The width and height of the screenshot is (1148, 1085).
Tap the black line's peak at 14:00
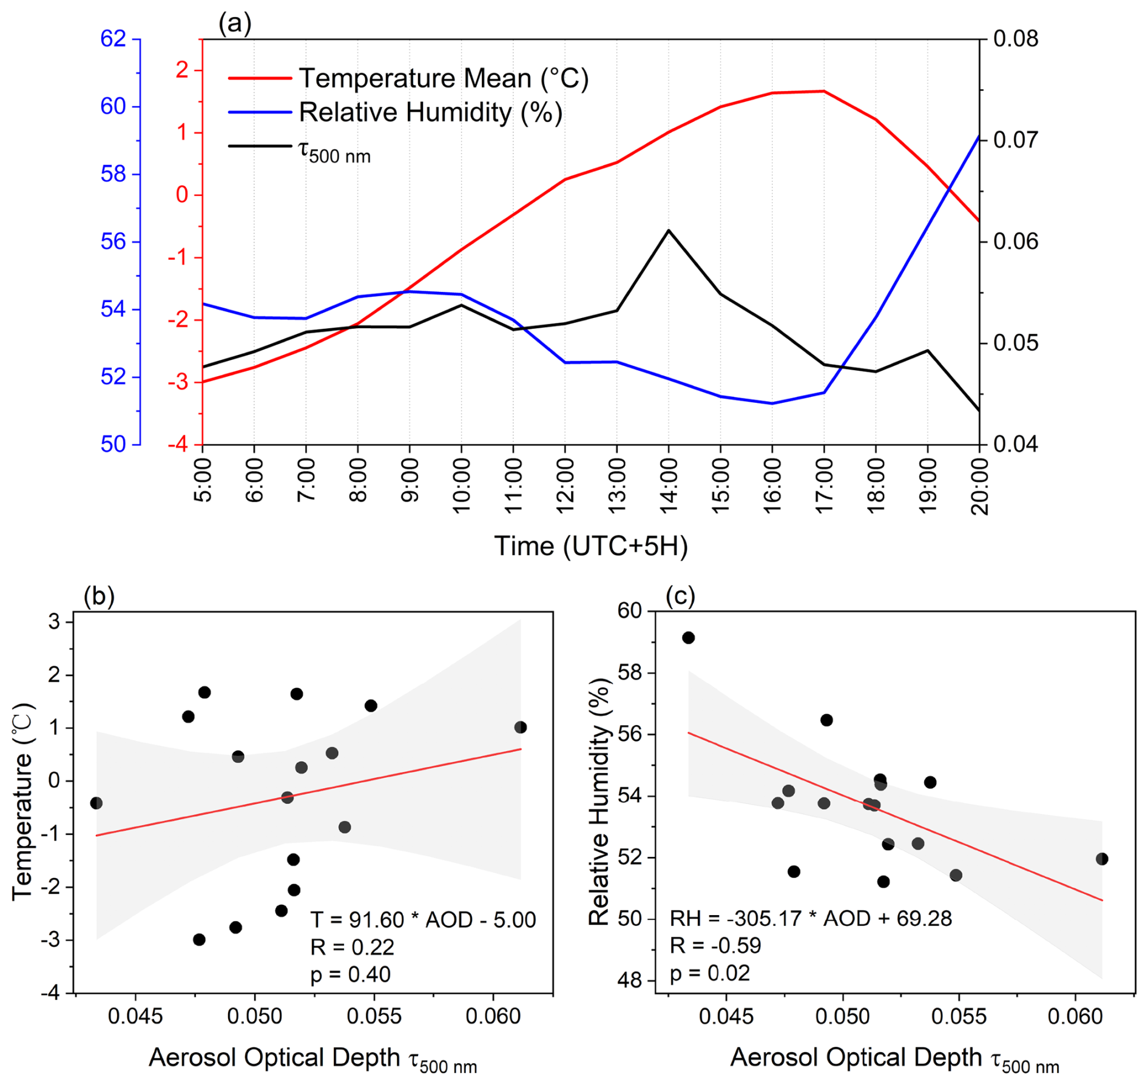pyautogui.click(x=668, y=231)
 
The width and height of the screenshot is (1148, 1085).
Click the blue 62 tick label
pyautogui.click(x=113, y=39)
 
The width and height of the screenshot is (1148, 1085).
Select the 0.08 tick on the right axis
pyautogui.click(x=1016, y=39)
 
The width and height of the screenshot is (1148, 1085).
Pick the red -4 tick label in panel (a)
pyautogui.click(x=178, y=445)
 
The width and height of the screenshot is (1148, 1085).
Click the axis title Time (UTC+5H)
pyautogui.click(x=590, y=546)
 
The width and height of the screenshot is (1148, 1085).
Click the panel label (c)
pyautogui.click(x=680, y=596)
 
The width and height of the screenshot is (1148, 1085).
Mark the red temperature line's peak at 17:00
pyautogui.click(x=823, y=91)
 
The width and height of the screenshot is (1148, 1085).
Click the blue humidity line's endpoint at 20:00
pyautogui.click(x=979, y=136)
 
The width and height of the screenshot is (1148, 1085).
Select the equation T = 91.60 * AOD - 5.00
pyautogui.click(x=423, y=920)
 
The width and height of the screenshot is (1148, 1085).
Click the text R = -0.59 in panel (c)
pyautogui.click(x=715, y=945)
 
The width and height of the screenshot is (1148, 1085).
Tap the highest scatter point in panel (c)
pyautogui.click(x=688, y=637)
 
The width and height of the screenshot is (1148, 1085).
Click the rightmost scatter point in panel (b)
pyautogui.click(x=520, y=727)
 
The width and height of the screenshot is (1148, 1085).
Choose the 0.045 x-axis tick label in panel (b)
pyautogui.click(x=135, y=1016)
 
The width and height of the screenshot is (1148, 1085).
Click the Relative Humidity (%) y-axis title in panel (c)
pyautogui.click(x=599, y=801)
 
